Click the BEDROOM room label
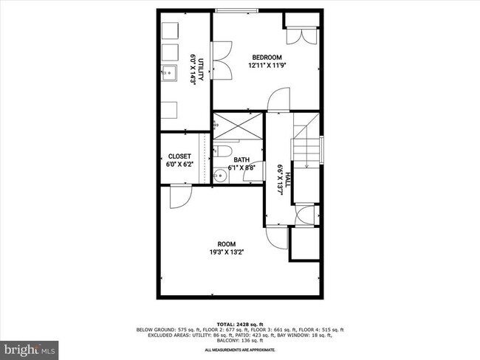(x=267, y=58)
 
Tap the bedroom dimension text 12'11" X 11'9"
(x=267, y=66)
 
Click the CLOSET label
(x=179, y=156)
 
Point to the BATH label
(x=241, y=159)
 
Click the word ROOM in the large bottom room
(x=226, y=243)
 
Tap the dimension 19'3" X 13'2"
(x=226, y=252)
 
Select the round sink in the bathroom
(x=219, y=176)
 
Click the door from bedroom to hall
(x=277, y=100)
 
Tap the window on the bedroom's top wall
(x=237, y=10)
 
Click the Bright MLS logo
(x=30, y=347)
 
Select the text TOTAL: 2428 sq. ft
(x=241, y=323)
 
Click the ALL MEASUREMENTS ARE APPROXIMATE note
(x=241, y=349)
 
